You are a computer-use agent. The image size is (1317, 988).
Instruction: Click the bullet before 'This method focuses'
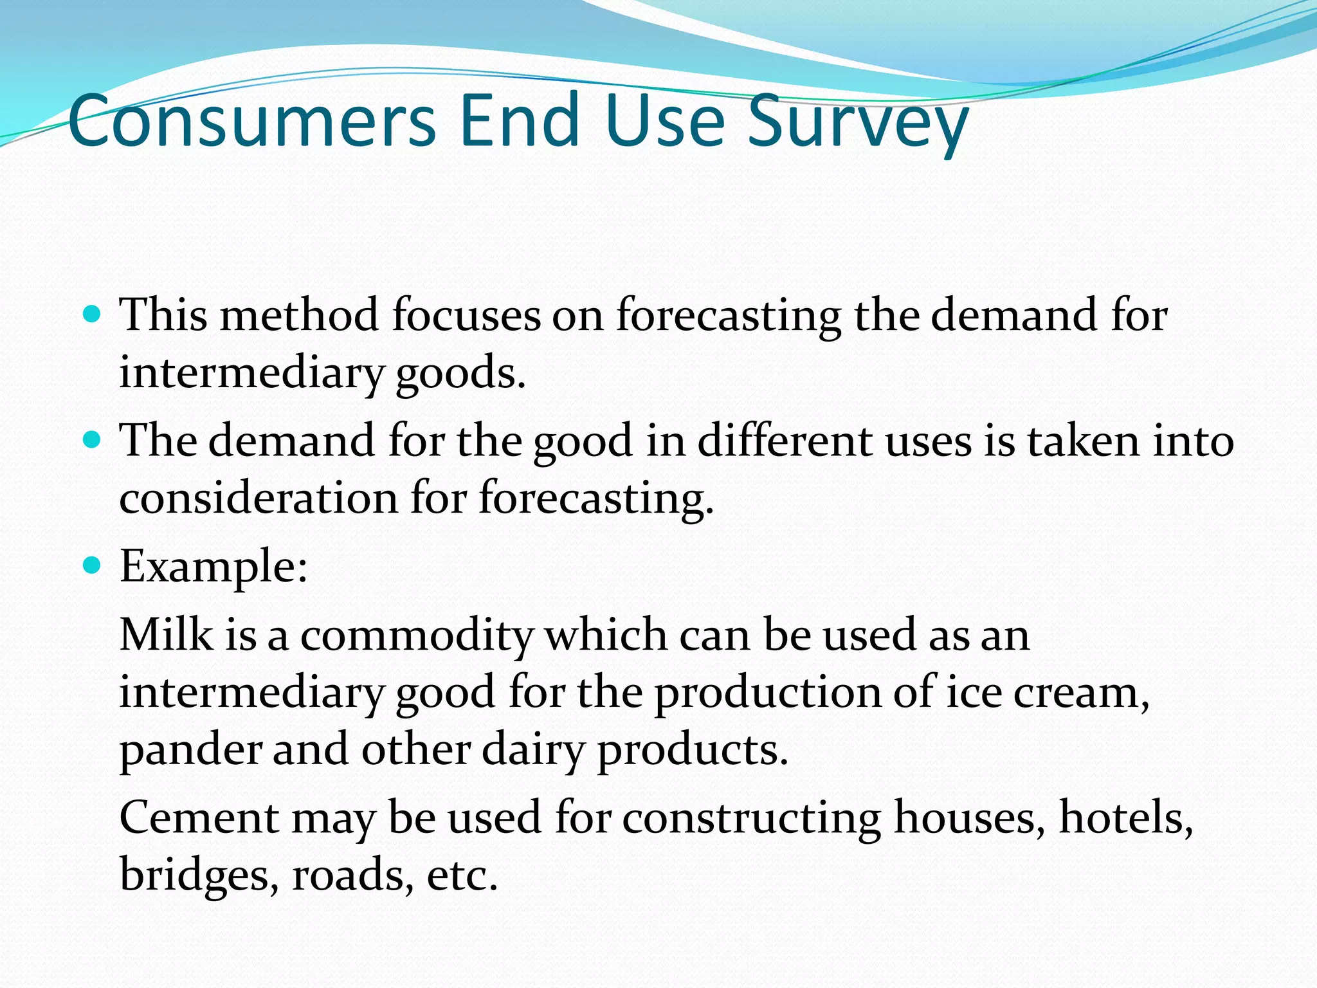(x=93, y=315)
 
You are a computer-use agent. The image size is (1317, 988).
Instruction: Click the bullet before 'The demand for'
(x=93, y=440)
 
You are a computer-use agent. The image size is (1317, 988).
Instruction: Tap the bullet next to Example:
(x=93, y=565)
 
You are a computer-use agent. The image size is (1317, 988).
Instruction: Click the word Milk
(x=166, y=634)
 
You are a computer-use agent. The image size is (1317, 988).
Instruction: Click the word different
(x=785, y=441)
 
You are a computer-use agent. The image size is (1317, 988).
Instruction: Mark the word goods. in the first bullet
(x=460, y=374)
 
